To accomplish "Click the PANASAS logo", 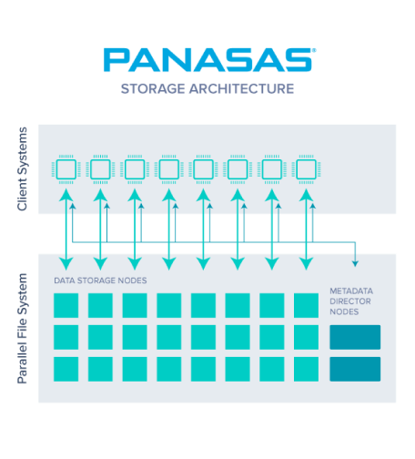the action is pos(209,60).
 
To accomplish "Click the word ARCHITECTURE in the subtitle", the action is pos(241,89).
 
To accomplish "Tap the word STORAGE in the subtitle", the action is pos(153,89).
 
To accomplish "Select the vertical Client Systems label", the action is pos(22,168).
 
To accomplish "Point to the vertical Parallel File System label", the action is pos(22,329).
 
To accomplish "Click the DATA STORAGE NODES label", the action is pos(100,280).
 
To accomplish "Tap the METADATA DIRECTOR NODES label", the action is pos(351,301).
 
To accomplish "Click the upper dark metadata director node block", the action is pos(355,337).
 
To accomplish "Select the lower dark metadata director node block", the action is pos(355,369).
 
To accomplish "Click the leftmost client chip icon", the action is pos(66,169).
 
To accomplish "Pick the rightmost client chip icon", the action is pos(306,169).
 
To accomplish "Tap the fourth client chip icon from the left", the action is pos(169,169).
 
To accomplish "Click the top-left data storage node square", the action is pos(66,305).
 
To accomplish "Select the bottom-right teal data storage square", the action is pos(306,369).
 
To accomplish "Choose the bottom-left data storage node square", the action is pos(66,369).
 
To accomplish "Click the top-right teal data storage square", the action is pos(306,305).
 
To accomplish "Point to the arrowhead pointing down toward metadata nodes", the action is pos(355,264).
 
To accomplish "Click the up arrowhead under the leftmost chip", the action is pos(66,194).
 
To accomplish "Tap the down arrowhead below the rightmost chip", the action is pos(306,264).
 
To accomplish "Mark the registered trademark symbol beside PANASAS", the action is pos(314,50).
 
